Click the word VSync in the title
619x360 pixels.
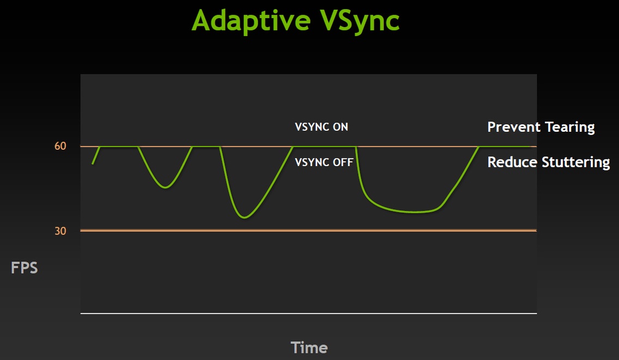(360, 21)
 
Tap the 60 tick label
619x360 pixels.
(60, 146)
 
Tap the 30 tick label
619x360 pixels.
(60, 231)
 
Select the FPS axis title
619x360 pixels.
(24, 267)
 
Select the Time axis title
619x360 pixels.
(309, 348)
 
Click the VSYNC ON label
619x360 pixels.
(321, 127)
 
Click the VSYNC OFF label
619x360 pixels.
(324, 162)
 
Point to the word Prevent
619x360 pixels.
(514, 127)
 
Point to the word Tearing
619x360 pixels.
(570, 127)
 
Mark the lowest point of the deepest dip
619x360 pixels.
(245, 217)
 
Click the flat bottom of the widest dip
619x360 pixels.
(413, 212)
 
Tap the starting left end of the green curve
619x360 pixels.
(93, 163)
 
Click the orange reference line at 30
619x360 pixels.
(309, 230)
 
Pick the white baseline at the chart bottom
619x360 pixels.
(309, 313)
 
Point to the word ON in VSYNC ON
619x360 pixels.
(340, 127)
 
